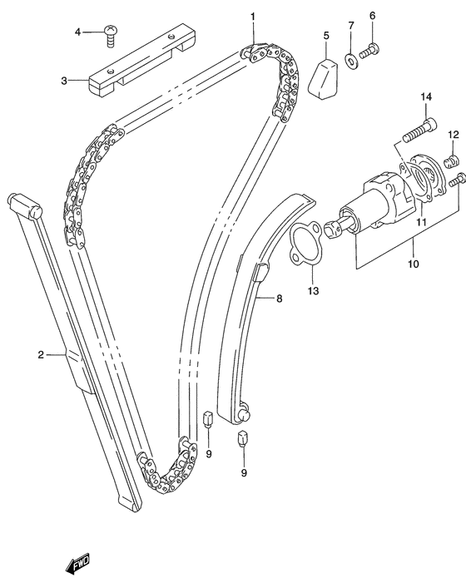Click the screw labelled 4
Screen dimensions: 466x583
point(111,35)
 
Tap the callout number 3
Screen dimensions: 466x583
point(64,81)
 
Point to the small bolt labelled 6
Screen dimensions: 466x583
point(369,50)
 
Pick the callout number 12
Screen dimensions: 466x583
point(454,135)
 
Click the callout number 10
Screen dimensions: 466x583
point(414,264)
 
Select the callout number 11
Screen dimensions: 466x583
point(420,222)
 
